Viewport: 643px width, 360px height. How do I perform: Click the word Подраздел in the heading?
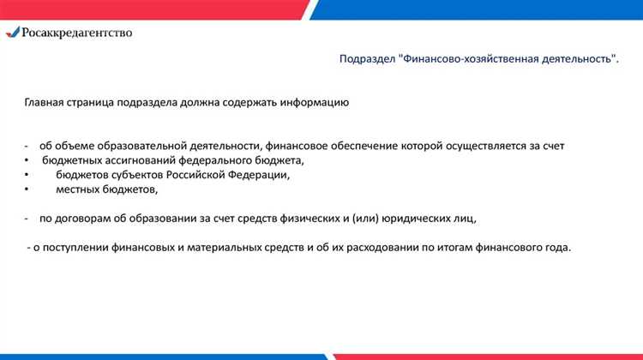(366, 59)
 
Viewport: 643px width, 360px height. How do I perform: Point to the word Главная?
(43, 103)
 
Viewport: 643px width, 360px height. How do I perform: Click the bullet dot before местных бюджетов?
(27, 189)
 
